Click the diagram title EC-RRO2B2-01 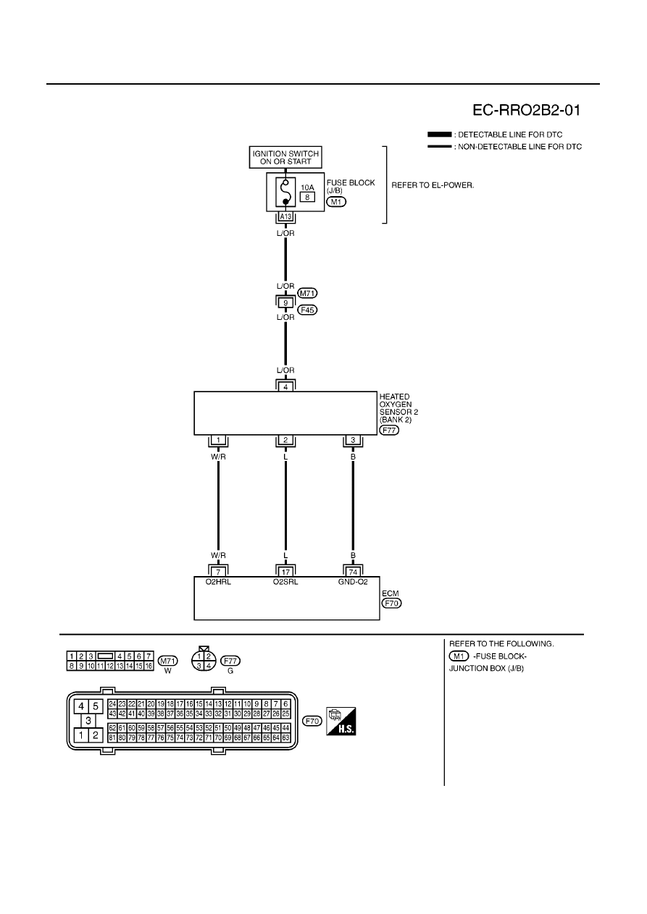tap(526, 110)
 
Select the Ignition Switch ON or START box tap(285, 158)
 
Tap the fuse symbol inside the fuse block tap(285, 192)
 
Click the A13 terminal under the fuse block tap(285, 216)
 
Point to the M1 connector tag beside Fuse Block tap(336, 202)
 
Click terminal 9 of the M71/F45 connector tap(285, 302)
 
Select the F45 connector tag tap(307, 310)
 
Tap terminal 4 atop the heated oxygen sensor tap(285, 387)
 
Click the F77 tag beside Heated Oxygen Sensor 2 tap(389, 430)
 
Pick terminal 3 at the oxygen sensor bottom tap(353, 440)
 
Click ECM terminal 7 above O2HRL tap(218, 572)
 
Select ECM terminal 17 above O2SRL tap(285, 572)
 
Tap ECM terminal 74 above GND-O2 tap(353, 572)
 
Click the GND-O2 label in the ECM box tap(353, 582)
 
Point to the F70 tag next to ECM tap(391, 603)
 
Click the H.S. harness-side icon tap(341, 722)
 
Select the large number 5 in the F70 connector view tap(96, 706)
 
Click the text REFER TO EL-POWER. tap(433, 185)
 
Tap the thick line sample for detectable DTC tap(440, 135)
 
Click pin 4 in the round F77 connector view tap(209, 666)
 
